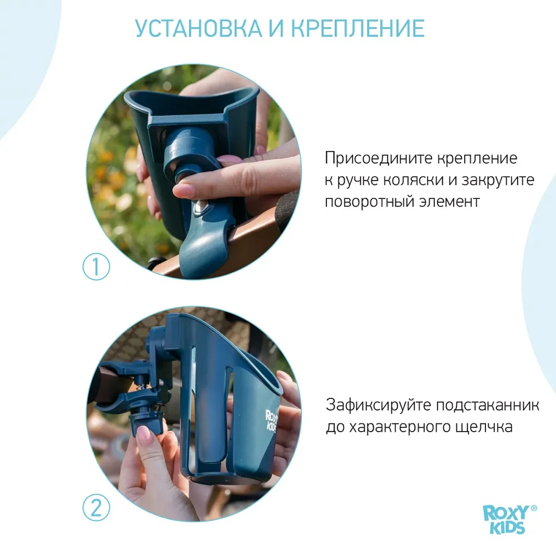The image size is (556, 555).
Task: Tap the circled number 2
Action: pos(97,508)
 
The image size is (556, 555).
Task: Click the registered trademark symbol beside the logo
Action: pos(534,508)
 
